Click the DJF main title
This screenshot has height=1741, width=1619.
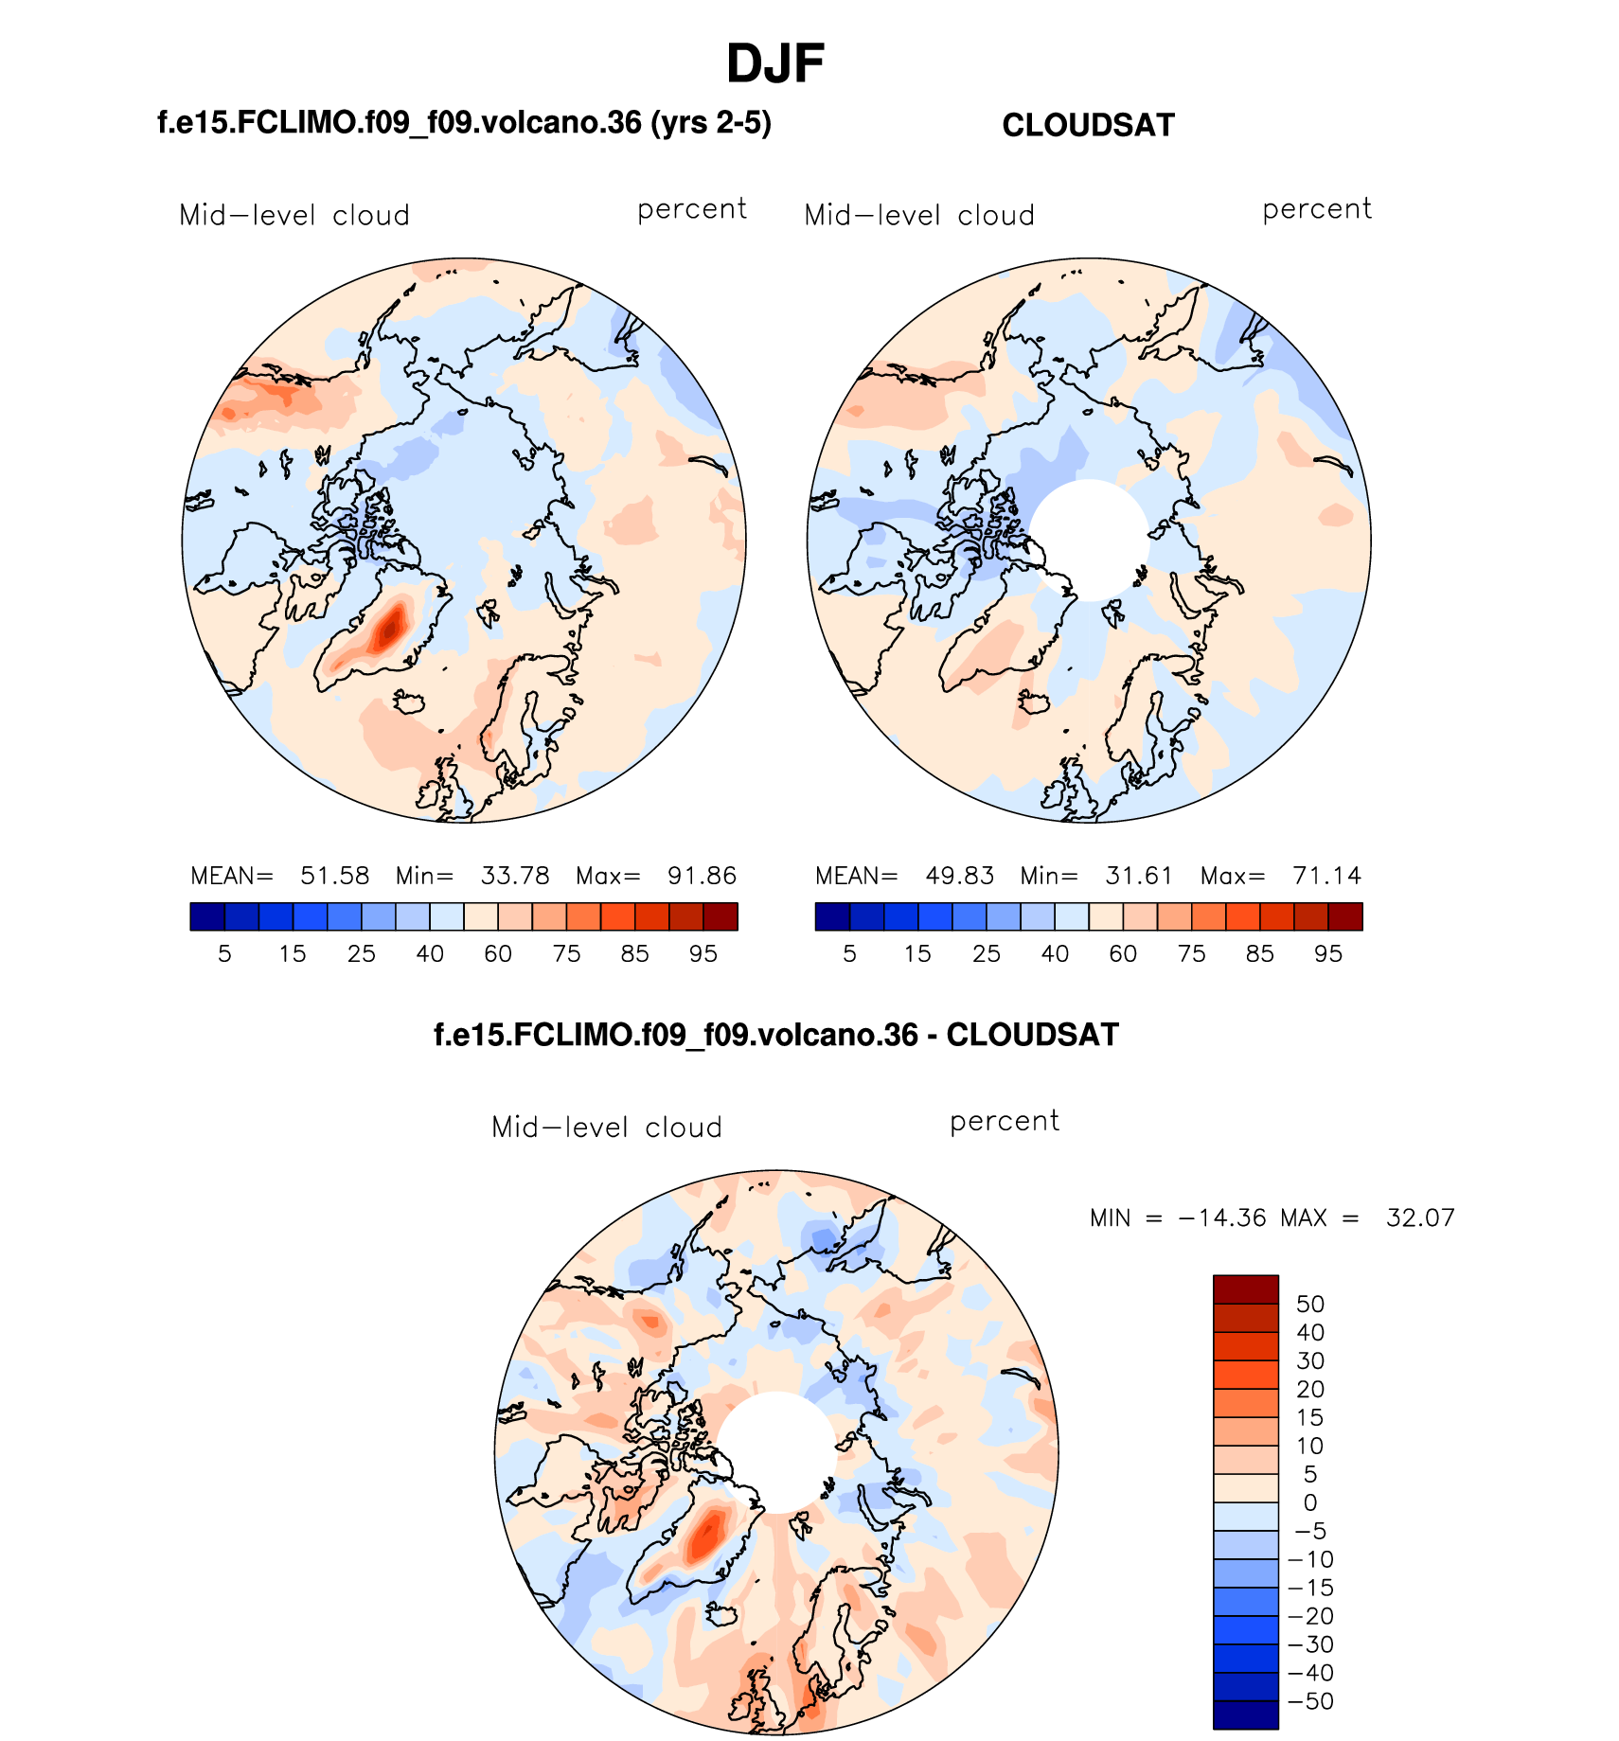pyautogui.click(x=775, y=64)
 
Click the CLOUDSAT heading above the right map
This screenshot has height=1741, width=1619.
pyautogui.click(x=1088, y=125)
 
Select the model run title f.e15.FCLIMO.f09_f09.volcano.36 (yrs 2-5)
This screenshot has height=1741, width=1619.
pyautogui.click(x=464, y=123)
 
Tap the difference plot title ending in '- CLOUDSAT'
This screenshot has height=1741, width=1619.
pyautogui.click(x=775, y=1035)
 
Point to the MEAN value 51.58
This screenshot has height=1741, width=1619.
pyautogui.click(x=335, y=876)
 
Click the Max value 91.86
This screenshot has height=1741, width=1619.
pyautogui.click(x=702, y=876)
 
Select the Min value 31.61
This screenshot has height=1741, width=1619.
pyautogui.click(x=1139, y=876)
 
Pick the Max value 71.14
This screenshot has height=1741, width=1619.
pyautogui.click(x=1327, y=876)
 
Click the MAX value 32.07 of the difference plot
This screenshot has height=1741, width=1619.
pyautogui.click(x=1420, y=1217)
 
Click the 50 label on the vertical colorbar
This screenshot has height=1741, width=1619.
pyautogui.click(x=1310, y=1304)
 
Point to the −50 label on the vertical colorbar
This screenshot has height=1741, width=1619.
pyautogui.click(x=1310, y=1701)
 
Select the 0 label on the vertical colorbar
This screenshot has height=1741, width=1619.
pyautogui.click(x=1310, y=1502)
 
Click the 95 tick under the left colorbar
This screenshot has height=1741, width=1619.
pyautogui.click(x=703, y=953)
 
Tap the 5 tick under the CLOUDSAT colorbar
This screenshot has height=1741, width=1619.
pyautogui.click(x=849, y=953)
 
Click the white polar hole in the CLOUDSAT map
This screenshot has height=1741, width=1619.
pyautogui.click(x=1089, y=540)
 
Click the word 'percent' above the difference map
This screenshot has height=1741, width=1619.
pyautogui.click(x=1005, y=1122)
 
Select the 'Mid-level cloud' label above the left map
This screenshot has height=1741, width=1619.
pyautogui.click(x=294, y=216)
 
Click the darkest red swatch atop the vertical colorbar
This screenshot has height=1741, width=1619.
pyautogui.click(x=1246, y=1289)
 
